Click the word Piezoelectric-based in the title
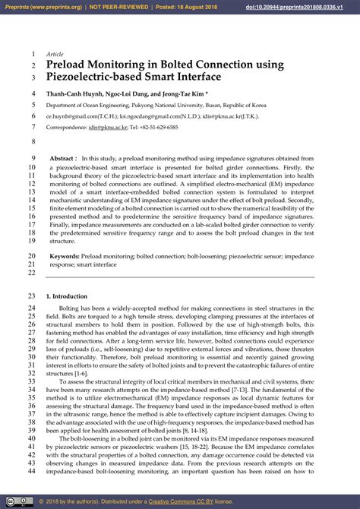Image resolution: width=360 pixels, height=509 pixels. click(x=103, y=77)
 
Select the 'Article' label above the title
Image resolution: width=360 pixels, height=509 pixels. click(x=55, y=54)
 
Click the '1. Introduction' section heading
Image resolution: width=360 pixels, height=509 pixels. click(x=67, y=296)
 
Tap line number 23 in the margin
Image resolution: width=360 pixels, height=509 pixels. click(x=31, y=296)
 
